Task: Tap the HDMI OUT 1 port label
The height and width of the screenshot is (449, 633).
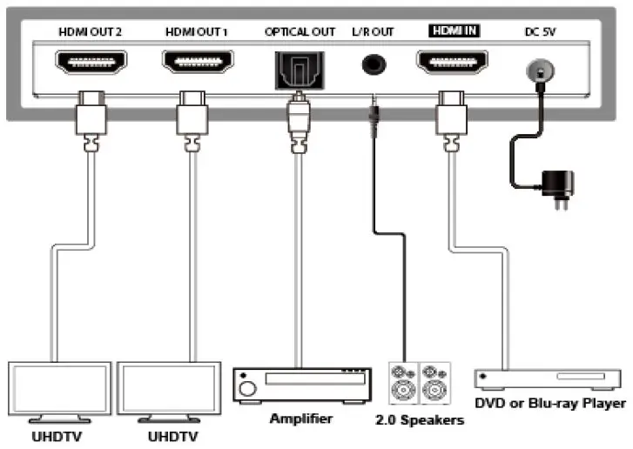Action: [196, 32]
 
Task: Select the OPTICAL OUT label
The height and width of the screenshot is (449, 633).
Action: [300, 32]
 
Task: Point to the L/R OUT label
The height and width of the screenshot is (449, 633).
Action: [373, 32]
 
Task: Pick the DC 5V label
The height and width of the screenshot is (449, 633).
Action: [541, 32]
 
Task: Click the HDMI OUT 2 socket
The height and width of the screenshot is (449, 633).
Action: [91, 64]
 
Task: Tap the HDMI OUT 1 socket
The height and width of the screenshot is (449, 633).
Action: [196, 64]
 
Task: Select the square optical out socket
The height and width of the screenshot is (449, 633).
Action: [300, 66]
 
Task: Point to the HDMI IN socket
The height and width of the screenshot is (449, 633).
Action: [453, 64]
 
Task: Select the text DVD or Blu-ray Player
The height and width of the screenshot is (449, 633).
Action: [550, 403]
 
